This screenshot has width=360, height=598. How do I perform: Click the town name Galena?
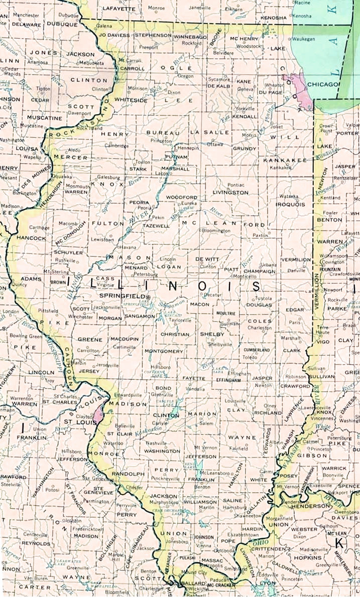click(x=104, y=25)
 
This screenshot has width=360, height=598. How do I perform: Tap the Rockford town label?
click(x=192, y=43)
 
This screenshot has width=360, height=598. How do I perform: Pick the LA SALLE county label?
click(x=210, y=132)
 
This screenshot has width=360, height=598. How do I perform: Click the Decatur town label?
click(x=213, y=295)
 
